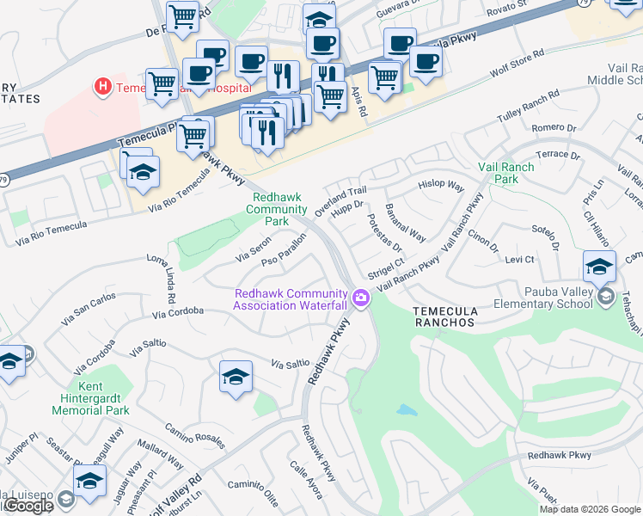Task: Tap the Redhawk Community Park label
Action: [277, 209]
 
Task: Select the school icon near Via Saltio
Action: [236, 377]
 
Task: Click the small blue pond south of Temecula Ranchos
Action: [407, 410]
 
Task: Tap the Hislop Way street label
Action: [441, 186]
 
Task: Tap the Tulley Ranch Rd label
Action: [529, 107]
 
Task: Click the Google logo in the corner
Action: [28, 506]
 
